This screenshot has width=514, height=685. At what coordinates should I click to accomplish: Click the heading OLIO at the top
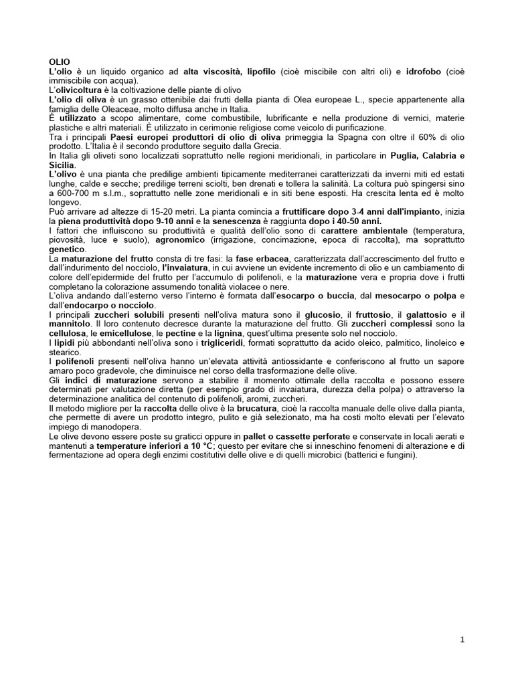point(59,62)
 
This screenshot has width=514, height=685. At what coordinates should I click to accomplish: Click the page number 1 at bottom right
point(462,640)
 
